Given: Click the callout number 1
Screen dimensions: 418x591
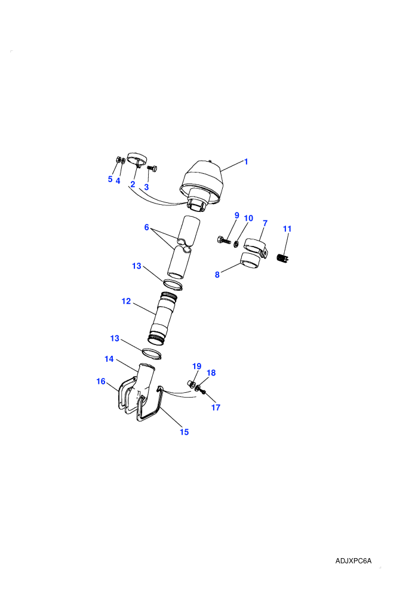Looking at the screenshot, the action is pos(246,162).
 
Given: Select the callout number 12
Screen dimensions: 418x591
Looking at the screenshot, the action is pos(126,301).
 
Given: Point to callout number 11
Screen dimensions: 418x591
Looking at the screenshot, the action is pos(287,229).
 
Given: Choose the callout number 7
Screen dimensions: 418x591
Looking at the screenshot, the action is pos(265,223).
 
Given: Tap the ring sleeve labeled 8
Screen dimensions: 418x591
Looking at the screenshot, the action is pos(251,260).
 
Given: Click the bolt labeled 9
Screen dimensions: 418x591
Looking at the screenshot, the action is pos(224,239).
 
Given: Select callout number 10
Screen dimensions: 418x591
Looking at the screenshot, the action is pos(248,218).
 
